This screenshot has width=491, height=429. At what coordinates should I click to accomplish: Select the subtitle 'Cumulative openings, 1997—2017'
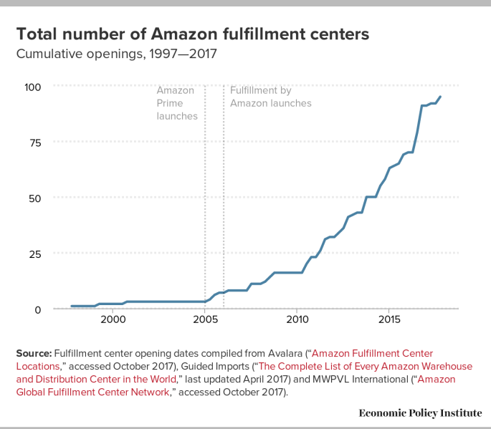coord(116,54)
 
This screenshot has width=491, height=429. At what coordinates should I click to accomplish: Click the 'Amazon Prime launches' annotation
coord(176,103)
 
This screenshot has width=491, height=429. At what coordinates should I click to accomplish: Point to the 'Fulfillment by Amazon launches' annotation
coord(270,97)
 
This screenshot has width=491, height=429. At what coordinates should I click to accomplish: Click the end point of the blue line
coord(440,97)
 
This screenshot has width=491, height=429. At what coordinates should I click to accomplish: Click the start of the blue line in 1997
coord(71,306)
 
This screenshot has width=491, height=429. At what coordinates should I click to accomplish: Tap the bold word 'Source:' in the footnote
coord(33,354)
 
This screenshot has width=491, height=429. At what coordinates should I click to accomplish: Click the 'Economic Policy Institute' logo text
coord(420,413)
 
